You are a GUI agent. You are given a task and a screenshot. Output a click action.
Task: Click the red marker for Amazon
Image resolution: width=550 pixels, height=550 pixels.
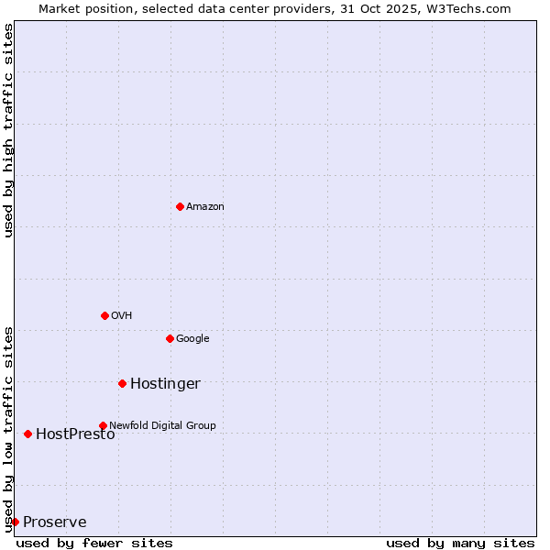(180, 206)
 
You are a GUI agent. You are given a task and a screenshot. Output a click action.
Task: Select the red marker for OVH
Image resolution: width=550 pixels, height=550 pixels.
(104, 315)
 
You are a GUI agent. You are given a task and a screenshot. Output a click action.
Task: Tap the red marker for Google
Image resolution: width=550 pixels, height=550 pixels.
(170, 338)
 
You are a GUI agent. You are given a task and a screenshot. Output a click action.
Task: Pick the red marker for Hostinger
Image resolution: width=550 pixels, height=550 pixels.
(122, 383)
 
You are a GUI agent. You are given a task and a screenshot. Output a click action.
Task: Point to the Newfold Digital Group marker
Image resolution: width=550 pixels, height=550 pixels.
(103, 425)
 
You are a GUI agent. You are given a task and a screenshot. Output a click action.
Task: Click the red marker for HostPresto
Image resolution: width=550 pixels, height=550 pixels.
(27, 434)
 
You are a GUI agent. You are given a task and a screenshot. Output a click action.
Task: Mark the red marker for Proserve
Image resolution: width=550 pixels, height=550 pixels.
(15, 522)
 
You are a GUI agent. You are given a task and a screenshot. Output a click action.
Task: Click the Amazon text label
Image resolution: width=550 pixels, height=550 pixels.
(205, 207)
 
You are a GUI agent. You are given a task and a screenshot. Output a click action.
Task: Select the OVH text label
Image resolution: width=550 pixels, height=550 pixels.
(122, 316)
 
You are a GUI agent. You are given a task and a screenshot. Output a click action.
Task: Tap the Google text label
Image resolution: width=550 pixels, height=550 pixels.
(192, 339)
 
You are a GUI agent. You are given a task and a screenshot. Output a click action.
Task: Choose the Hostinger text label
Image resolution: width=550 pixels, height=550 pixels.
(165, 384)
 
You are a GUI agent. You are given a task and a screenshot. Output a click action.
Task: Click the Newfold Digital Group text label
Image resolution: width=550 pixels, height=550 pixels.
(162, 425)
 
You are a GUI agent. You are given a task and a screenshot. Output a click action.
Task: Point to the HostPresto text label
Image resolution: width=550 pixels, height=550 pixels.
(75, 434)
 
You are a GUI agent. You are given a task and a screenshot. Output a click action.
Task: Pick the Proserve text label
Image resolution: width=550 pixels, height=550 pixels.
(55, 522)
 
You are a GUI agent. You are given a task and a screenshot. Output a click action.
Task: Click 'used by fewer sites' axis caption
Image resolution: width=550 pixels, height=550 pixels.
(94, 544)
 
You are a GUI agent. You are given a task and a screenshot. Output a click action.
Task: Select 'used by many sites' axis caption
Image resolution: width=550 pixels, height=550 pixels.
(460, 544)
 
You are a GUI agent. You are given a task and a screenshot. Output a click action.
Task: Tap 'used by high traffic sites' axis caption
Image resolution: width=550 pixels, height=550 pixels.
(8, 130)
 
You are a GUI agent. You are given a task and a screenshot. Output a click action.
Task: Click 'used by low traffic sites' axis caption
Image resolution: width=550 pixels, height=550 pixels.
(8, 428)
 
